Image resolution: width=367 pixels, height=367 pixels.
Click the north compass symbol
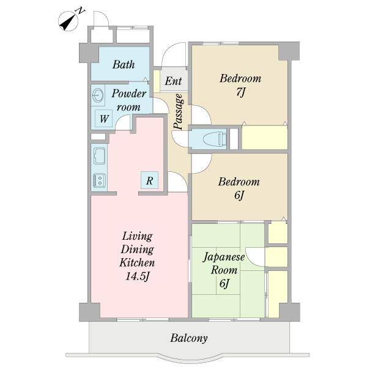[69, 21]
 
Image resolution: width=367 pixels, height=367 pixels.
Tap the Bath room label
[124, 65]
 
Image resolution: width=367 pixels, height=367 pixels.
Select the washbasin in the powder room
[98, 95]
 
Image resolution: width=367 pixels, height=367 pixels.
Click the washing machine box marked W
[104, 119]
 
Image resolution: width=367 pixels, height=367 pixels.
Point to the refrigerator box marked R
[150, 180]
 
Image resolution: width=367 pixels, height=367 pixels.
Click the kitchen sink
[100, 156]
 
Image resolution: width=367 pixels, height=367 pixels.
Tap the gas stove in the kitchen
[100, 180]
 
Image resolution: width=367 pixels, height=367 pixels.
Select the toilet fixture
[215, 139]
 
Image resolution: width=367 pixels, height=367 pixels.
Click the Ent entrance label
[173, 81]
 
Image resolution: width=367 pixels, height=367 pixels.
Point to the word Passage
[179, 111]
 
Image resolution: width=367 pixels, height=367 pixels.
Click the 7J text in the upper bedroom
[240, 92]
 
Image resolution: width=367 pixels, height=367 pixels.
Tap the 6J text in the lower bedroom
[239, 196]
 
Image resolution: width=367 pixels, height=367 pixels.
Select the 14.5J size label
[138, 276]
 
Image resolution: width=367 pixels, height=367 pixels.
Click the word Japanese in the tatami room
[224, 257]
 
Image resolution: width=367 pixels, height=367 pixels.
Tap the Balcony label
[189, 338]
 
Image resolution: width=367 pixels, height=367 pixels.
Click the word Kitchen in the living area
[137, 262]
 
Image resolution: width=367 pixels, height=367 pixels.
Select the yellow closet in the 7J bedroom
[264, 138]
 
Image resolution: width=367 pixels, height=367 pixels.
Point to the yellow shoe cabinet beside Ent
[157, 81]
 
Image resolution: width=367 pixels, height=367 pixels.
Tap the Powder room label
[129, 100]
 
